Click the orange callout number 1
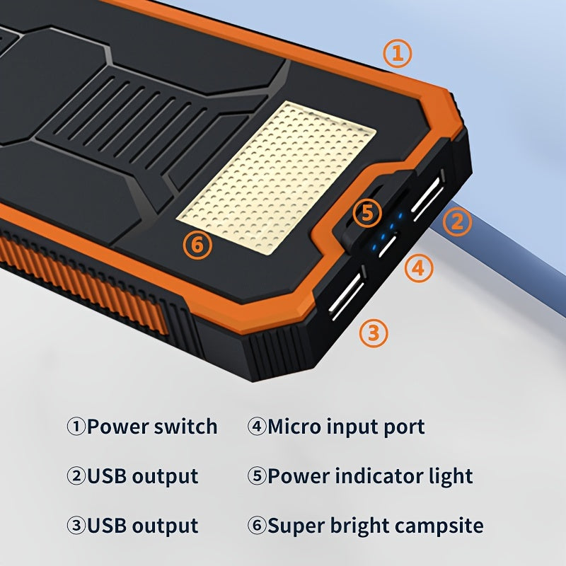[398, 54]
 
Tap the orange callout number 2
[457, 222]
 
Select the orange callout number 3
[374, 332]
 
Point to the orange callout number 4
[419, 267]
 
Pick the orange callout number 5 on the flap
[366, 213]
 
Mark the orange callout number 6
[197, 245]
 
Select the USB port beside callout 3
[347, 295]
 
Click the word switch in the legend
[183, 427]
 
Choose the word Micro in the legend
[293, 427]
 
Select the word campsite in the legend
[439, 526]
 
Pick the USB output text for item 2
[142, 476]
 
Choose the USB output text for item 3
[142, 526]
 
